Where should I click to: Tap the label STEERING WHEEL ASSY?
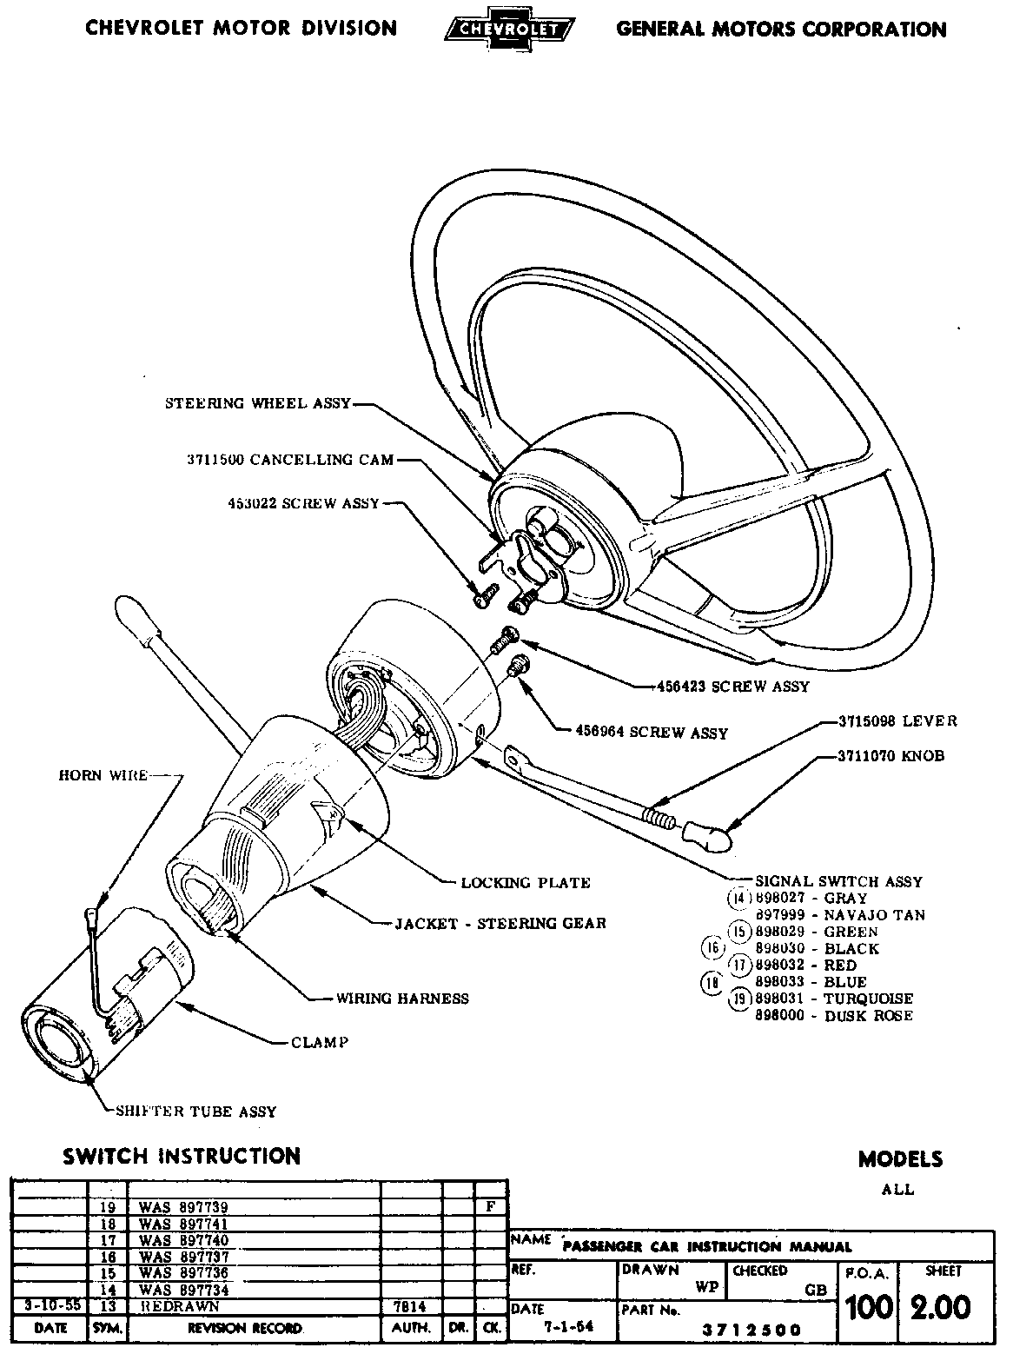[x=258, y=403]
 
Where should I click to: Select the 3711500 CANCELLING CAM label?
[x=290, y=460]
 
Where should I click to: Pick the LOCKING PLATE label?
[x=526, y=883]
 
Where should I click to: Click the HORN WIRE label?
[x=103, y=775]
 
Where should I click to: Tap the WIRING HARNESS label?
[x=402, y=999]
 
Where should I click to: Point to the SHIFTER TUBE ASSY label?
[x=195, y=1112]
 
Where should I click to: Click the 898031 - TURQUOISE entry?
[x=834, y=999]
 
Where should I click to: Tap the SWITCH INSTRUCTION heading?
[x=182, y=1156]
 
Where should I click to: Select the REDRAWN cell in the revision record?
[x=180, y=1306]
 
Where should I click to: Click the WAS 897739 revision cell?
[x=183, y=1207]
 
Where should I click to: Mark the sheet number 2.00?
[x=940, y=1307]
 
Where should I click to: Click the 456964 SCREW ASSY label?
[x=652, y=733]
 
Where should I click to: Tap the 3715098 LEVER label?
[x=897, y=721]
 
